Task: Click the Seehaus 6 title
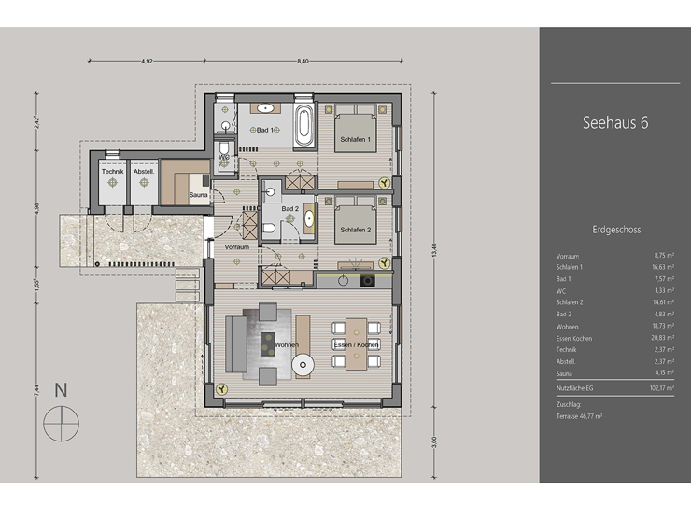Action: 614,122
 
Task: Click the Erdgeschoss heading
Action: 615,228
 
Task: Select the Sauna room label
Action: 198,195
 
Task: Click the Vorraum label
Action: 237,246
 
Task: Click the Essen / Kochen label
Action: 356,346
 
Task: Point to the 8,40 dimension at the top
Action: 303,61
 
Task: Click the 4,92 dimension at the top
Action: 147,61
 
